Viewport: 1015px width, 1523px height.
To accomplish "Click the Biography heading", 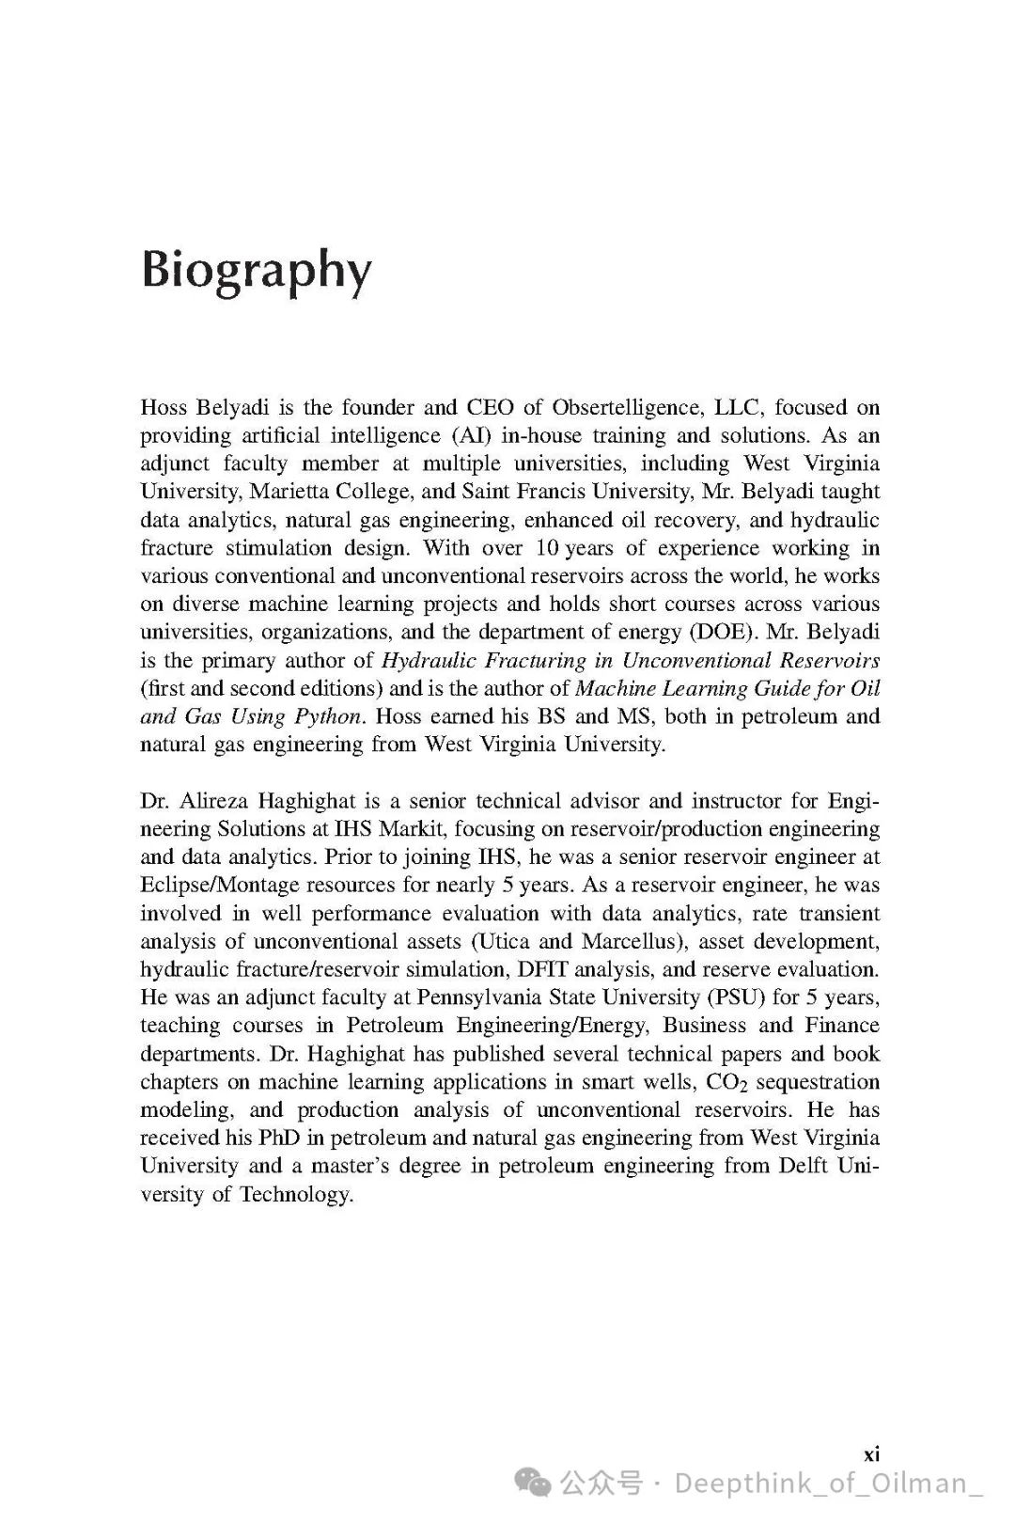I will [x=256, y=272].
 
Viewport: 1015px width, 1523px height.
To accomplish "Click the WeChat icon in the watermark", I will [x=538, y=1484].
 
